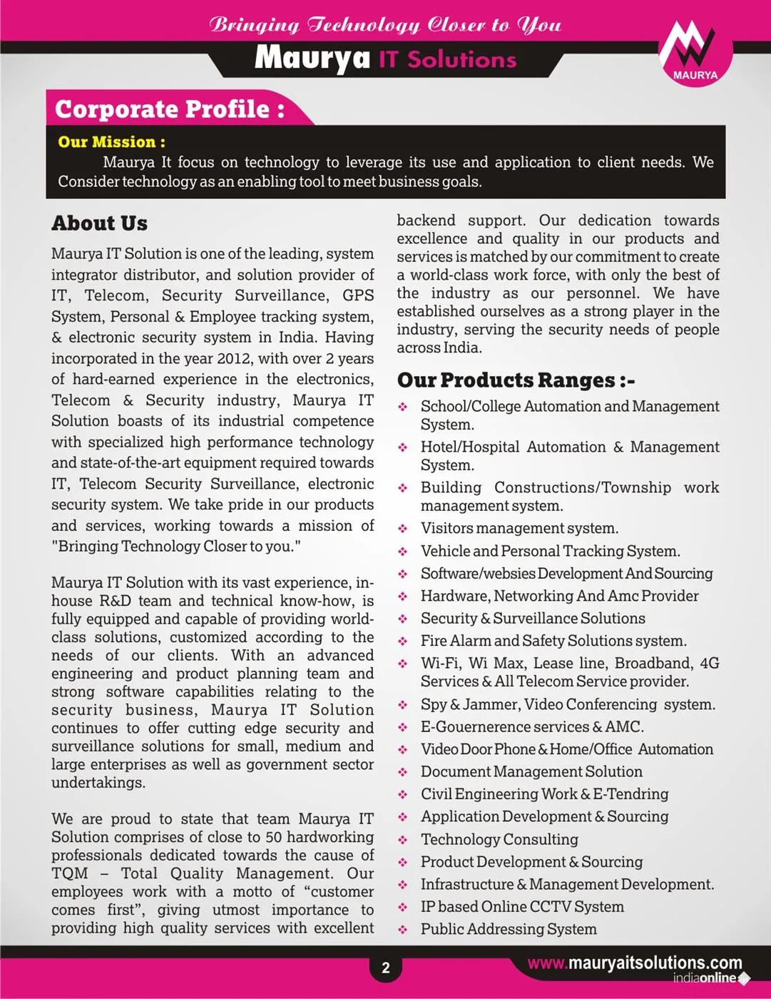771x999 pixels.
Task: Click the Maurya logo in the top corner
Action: [695, 52]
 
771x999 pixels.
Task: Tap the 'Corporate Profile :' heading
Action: [170, 109]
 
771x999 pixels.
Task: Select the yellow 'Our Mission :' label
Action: [111, 141]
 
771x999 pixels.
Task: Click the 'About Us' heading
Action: [99, 223]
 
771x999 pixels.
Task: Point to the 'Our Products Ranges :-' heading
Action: [516, 380]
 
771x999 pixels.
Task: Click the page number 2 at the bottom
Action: [386, 968]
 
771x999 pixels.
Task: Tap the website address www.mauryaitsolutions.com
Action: [635, 963]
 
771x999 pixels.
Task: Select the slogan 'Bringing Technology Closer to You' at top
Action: [385, 25]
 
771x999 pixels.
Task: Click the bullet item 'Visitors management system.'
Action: [519, 529]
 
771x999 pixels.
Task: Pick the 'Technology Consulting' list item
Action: [499, 840]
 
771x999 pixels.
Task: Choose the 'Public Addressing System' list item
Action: [509, 930]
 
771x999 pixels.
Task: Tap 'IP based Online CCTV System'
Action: [522, 907]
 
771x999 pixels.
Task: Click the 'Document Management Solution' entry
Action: [531, 772]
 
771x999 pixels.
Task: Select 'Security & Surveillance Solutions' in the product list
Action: [533, 619]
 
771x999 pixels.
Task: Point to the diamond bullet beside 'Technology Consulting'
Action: [403, 840]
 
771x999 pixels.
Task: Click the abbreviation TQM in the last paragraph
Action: [70, 873]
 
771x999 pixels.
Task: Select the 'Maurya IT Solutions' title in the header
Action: [385, 59]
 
